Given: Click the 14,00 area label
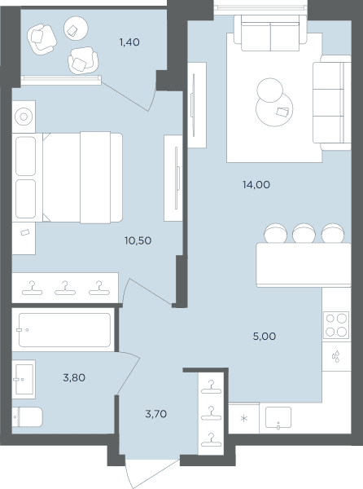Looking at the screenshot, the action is [256, 185].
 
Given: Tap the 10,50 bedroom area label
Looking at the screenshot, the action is [138, 240].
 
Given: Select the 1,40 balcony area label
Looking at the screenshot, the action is [129, 42].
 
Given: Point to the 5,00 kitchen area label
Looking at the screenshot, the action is [265, 336].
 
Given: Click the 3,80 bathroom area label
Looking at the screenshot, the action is [74, 377].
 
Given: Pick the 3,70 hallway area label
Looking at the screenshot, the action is [156, 414].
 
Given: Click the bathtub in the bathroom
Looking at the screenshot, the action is [64, 330].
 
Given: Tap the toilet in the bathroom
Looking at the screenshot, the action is [27, 417].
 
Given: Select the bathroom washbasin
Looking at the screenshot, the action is [24, 379].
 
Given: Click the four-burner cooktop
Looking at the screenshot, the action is [336, 325].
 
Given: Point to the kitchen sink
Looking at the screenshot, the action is [278, 417].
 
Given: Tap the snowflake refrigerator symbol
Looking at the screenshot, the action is [244, 418].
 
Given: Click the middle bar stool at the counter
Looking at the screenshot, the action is [304, 233].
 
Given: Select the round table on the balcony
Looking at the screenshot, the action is [76, 29].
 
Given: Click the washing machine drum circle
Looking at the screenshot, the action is [24, 117].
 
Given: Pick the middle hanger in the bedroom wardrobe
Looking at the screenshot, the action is [65, 288].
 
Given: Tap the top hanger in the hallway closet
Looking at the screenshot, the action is [212, 386].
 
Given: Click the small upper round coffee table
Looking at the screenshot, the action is [270, 90].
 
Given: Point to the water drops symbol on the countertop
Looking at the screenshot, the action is [335, 357].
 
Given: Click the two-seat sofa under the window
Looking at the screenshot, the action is [270, 33].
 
